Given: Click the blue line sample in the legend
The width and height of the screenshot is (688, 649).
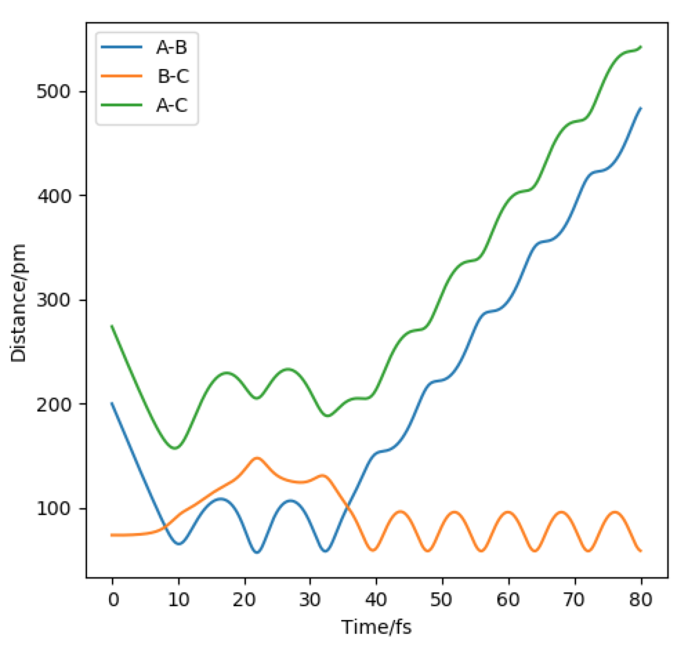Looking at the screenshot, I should pos(122,48).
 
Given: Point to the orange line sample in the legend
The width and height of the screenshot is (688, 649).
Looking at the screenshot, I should pos(122,77).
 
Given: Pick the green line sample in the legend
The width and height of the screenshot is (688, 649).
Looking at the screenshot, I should pos(122,106).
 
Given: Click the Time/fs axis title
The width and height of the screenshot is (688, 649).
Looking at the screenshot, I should pos(376,627).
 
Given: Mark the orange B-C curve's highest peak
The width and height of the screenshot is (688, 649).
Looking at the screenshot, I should pos(258,458).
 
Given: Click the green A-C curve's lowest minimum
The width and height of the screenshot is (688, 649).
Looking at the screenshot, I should pos(175,448).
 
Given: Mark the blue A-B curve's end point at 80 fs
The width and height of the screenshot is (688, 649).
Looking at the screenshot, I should pos(641,108).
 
